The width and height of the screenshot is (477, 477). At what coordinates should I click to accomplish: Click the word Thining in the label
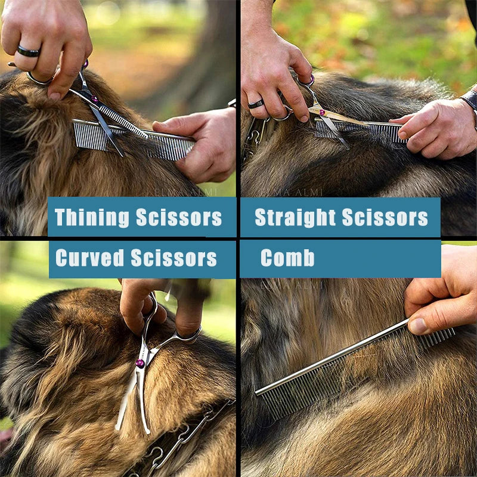(91, 218)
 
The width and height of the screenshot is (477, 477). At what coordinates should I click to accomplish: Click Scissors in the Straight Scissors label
(385, 218)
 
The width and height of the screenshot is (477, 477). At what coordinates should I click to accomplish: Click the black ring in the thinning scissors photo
(28, 52)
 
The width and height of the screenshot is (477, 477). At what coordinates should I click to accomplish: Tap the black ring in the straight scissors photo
(256, 104)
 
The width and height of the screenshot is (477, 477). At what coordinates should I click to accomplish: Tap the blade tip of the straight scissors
(346, 147)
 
